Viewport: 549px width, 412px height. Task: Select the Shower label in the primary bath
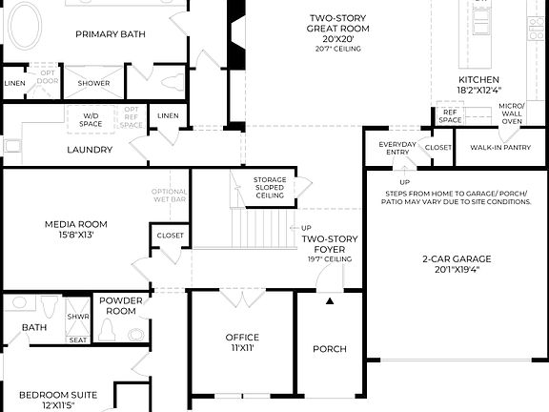pyautogui.click(x=93, y=82)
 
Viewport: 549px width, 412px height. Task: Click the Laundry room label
pyautogui.click(x=90, y=150)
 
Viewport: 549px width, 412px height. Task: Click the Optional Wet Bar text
pyautogui.click(x=170, y=196)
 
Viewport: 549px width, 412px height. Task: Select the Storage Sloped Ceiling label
pyautogui.click(x=270, y=187)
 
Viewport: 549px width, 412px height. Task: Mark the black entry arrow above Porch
pyautogui.click(x=331, y=300)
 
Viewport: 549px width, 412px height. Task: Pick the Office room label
pyautogui.click(x=242, y=338)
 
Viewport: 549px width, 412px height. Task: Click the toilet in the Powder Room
pyautogui.click(x=109, y=331)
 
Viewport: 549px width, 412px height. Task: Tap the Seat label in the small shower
pyautogui.click(x=77, y=339)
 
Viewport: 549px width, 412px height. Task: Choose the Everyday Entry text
pyautogui.click(x=397, y=148)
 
